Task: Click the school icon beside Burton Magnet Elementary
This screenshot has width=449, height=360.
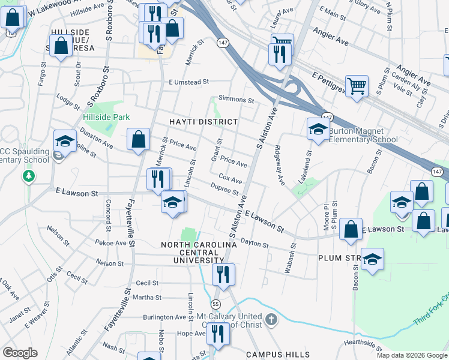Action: click(318, 128)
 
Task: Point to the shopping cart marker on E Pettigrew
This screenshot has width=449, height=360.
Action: click(357, 86)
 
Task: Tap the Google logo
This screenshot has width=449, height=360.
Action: click(20, 352)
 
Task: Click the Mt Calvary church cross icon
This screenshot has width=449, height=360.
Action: click(271, 319)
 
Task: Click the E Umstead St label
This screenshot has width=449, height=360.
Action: click(188, 82)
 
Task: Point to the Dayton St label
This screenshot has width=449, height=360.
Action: click(255, 242)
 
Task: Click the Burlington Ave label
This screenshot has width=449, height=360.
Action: click(164, 317)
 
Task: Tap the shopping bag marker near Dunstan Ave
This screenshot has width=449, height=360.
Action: click(139, 139)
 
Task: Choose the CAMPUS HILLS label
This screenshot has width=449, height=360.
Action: click(278, 355)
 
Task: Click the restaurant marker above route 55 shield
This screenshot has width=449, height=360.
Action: click(223, 275)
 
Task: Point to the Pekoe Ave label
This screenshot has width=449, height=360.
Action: click(111, 244)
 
